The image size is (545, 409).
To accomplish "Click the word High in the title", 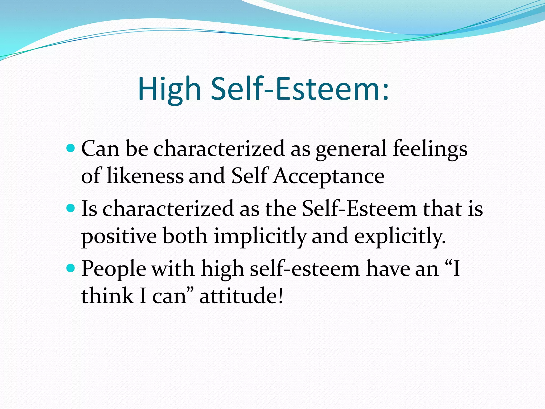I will [169, 89].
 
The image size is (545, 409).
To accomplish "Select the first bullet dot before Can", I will [71, 148].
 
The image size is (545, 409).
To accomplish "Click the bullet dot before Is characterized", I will [71, 208].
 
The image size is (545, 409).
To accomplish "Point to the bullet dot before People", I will [71, 268].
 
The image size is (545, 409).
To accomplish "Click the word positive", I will [119, 236].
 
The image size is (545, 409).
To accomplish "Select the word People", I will [114, 269].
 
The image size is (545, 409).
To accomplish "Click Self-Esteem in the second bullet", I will [359, 208].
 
